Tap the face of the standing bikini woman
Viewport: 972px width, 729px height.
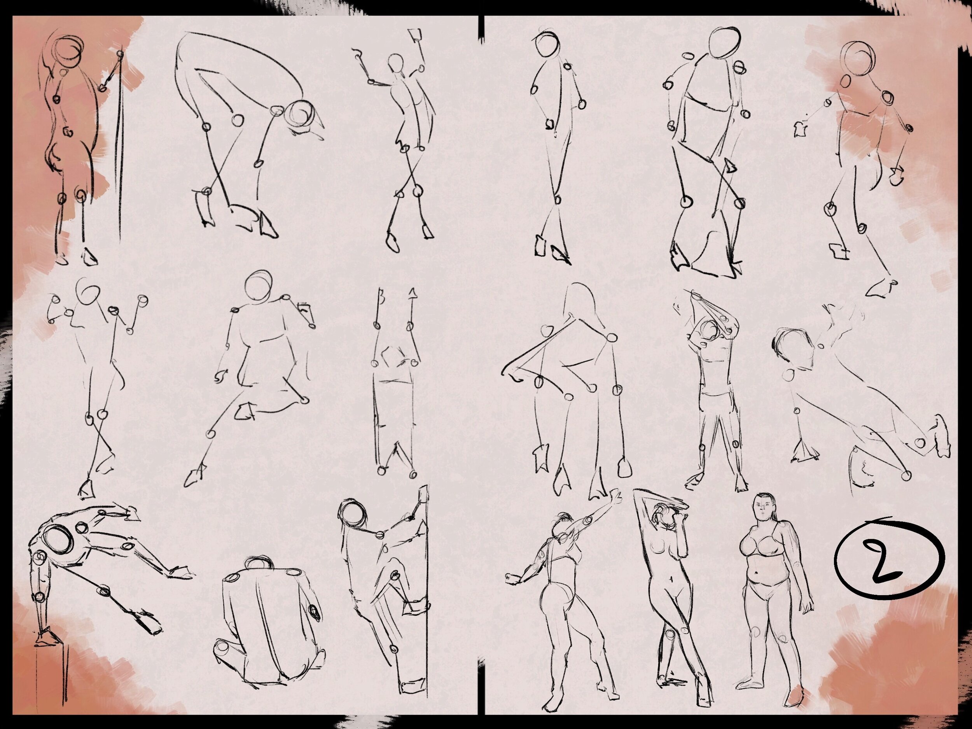[763, 510]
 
